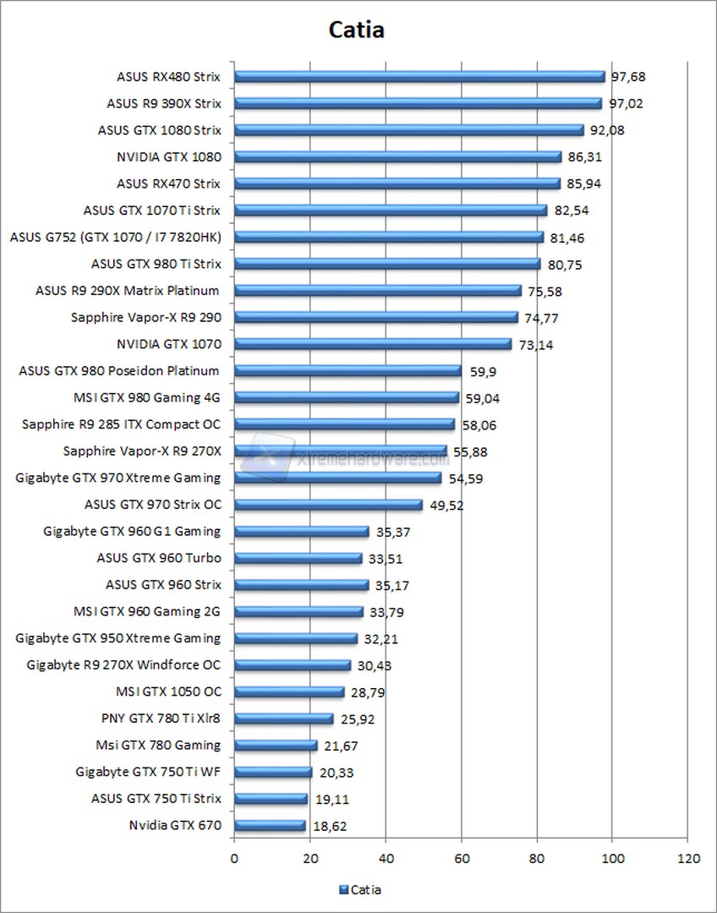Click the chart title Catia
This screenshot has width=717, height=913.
(356, 30)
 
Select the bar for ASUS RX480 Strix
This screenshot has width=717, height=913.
(419, 76)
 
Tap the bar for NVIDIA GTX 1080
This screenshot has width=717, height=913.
(397, 156)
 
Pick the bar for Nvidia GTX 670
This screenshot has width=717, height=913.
(270, 825)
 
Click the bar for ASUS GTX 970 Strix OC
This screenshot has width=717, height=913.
(328, 505)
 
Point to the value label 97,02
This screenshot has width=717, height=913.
(627, 104)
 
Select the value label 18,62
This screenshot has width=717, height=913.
(331, 826)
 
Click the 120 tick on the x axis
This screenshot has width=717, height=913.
(688, 859)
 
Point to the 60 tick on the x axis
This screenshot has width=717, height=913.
(462, 859)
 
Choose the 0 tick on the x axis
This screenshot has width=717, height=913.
(234, 859)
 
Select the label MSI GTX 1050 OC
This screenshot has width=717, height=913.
(167, 692)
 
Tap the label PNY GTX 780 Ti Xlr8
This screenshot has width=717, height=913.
(161, 719)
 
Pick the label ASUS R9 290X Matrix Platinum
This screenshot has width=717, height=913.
(128, 291)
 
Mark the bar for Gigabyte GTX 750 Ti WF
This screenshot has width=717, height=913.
(273, 772)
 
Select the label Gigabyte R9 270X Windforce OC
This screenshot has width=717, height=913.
(123, 664)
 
